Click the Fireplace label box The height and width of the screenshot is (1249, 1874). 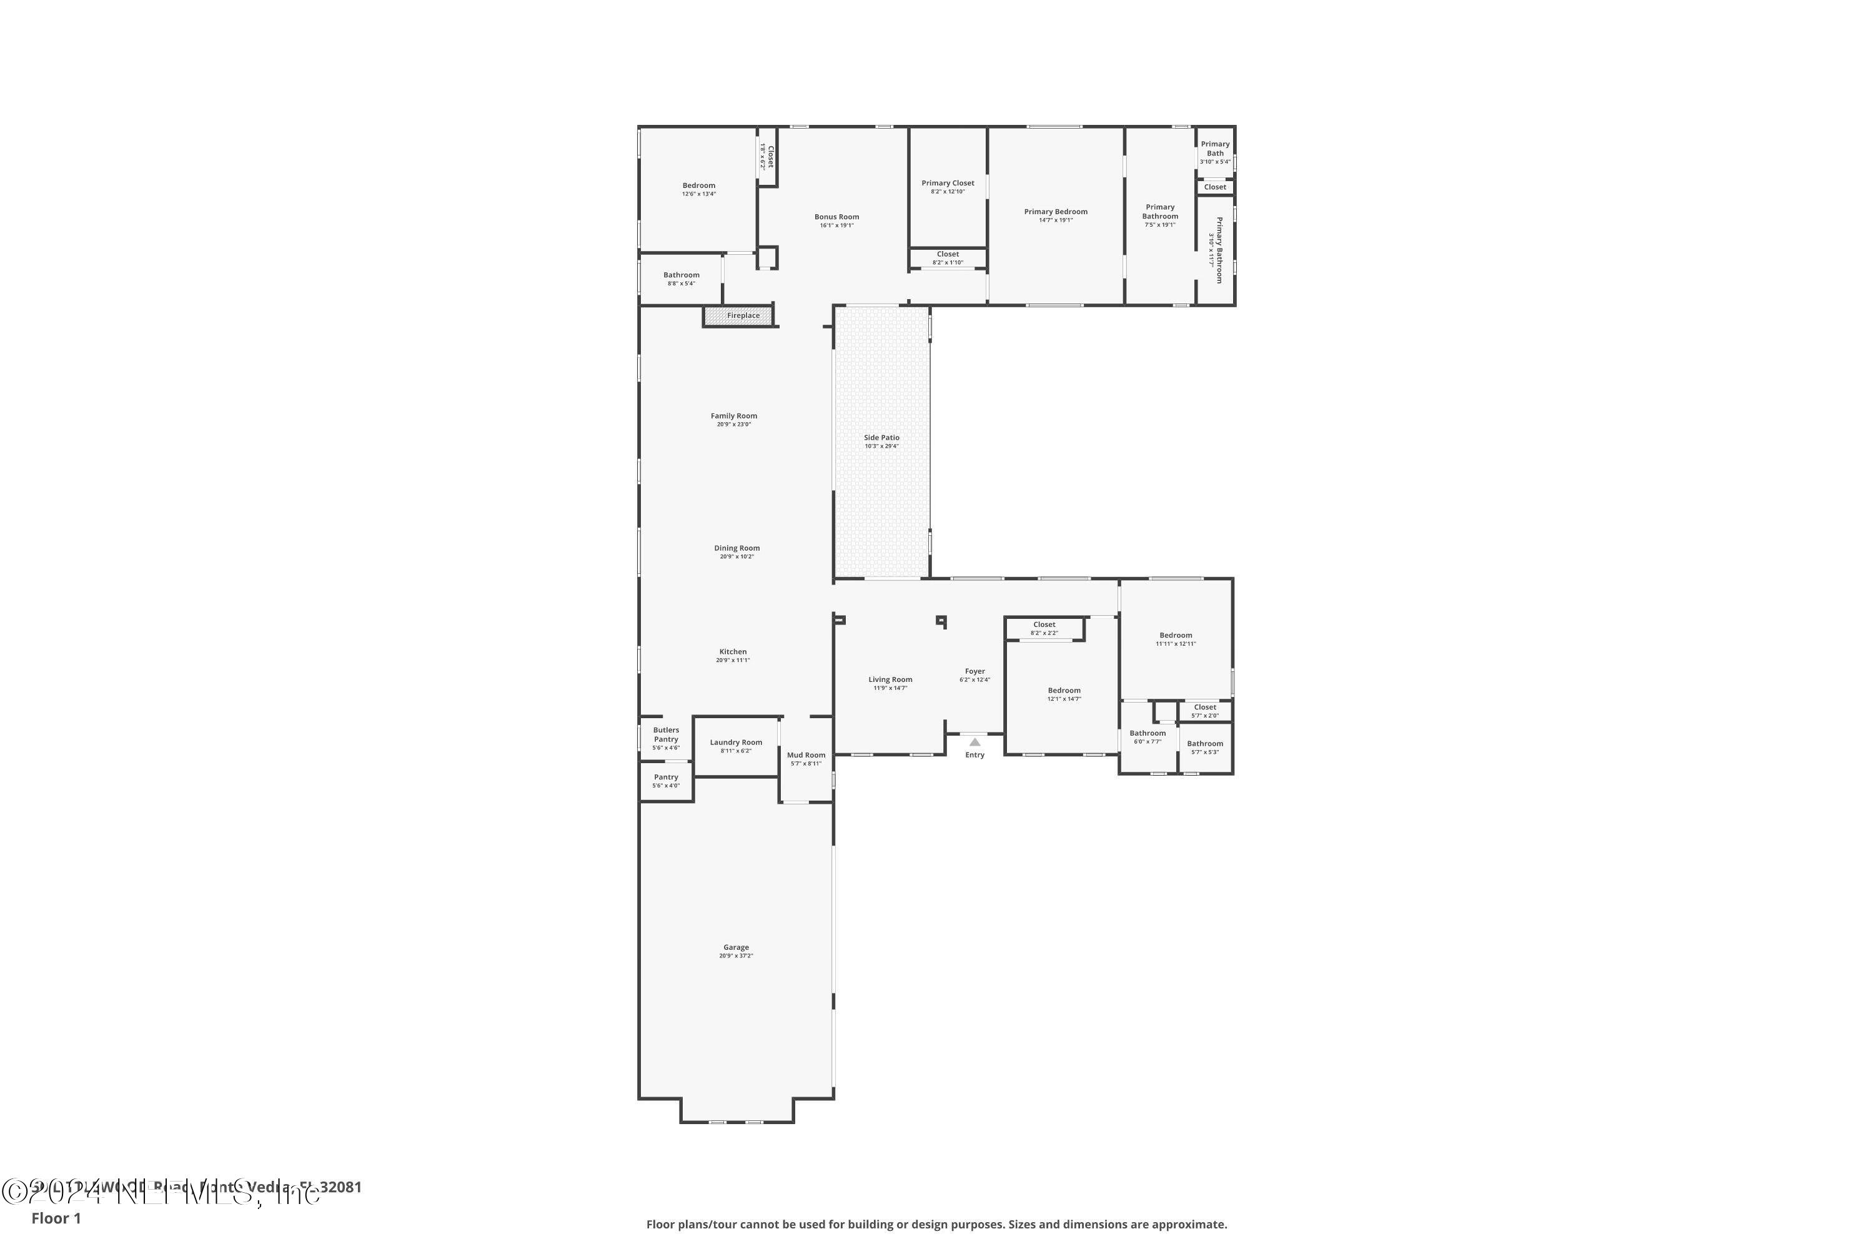click(x=743, y=315)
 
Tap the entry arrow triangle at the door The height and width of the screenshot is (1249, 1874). click(x=974, y=742)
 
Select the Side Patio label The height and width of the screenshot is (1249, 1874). click(x=881, y=437)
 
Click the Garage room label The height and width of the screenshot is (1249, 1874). click(x=735, y=947)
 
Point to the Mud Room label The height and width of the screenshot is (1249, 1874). click(x=806, y=755)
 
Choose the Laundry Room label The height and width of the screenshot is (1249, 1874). click(x=735, y=743)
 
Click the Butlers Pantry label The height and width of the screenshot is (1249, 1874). click(x=666, y=734)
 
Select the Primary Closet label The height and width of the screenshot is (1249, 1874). click(x=948, y=183)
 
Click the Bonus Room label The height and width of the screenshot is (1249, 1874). click(x=836, y=217)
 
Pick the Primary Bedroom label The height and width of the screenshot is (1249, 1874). click(x=1055, y=212)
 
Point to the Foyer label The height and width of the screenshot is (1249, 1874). click(x=974, y=671)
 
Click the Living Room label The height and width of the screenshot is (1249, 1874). click(x=890, y=679)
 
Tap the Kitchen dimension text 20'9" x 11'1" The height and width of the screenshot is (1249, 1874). click(x=733, y=660)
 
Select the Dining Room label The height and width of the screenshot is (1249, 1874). click(x=736, y=548)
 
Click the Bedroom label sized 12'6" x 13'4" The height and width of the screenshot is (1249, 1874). click(x=699, y=185)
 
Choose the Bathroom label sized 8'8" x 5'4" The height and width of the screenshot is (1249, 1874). click(x=682, y=275)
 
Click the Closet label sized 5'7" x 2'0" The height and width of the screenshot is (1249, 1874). click(x=1205, y=708)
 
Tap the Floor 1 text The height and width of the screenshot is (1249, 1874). click(x=56, y=1218)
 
